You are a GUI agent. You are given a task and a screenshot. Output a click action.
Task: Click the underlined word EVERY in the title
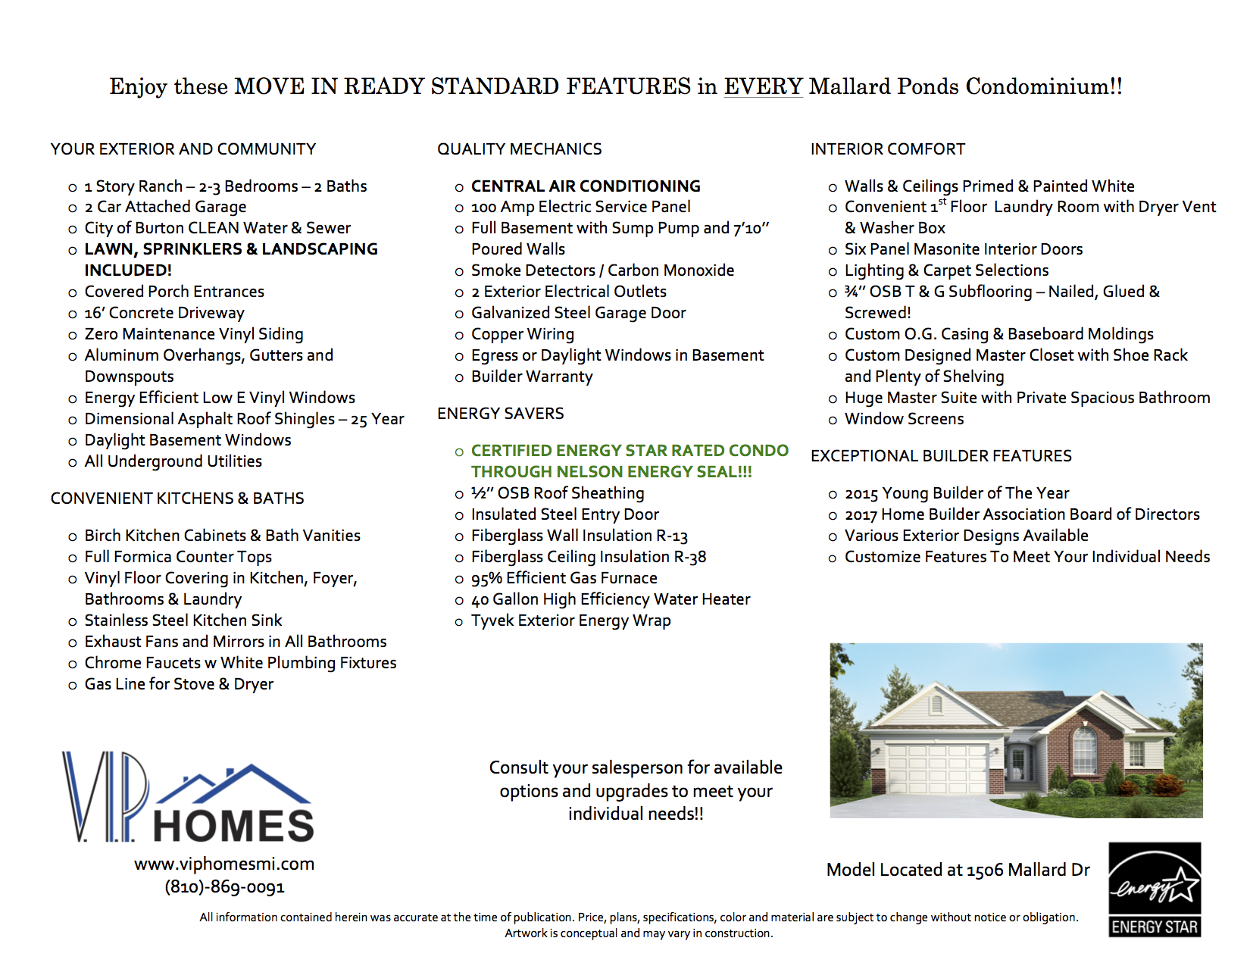pos(763,86)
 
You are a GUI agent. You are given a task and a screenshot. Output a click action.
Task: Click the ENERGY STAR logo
pos(1155,889)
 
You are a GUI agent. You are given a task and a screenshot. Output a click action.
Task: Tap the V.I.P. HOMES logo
pos(188,797)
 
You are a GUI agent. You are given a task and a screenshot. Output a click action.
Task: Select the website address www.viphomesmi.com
pos(224,864)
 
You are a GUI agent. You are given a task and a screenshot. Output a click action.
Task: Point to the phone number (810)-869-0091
pos(224,887)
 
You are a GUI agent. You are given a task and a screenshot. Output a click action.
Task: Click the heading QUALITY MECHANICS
pos(520,149)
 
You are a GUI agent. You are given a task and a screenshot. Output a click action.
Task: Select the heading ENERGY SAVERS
pos(501,414)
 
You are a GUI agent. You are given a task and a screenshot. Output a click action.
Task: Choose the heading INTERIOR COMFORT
pos(888,149)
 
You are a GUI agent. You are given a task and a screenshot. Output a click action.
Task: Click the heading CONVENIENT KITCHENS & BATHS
pos(177,499)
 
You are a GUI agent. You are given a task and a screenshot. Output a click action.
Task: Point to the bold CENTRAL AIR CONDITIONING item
pos(586,186)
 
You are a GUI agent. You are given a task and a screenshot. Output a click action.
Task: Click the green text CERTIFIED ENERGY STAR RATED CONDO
pos(630,451)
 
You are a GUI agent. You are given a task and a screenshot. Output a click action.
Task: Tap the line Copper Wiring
pos(522,334)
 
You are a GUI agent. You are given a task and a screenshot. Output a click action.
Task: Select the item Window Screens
pos(904,419)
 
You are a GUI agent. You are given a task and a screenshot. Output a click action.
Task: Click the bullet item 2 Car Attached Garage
pos(165,207)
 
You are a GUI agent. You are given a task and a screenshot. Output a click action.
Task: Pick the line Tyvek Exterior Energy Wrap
pos(570,621)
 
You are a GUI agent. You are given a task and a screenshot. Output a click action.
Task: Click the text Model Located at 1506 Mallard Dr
pos(958,870)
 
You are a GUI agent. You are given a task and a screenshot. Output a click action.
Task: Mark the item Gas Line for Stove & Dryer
pos(179,684)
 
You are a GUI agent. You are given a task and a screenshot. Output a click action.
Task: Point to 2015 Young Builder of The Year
pos(957,494)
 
